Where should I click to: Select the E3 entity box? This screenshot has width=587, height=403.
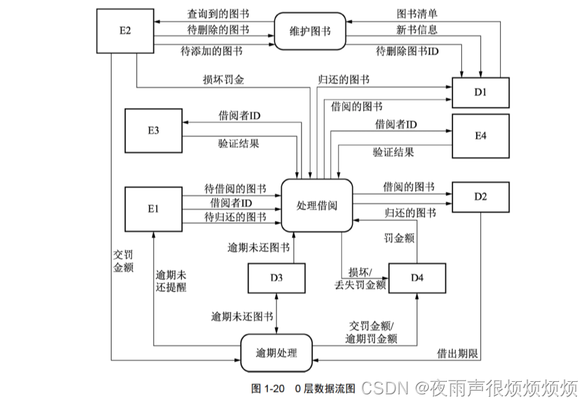pyautogui.click(x=153, y=130)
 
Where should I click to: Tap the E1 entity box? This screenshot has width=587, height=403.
pyautogui.click(x=153, y=208)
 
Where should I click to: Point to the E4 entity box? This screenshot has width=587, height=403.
pyautogui.click(x=480, y=136)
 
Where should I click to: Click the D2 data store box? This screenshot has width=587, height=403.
pyautogui.click(x=480, y=197)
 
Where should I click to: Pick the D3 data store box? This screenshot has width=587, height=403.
pyautogui.click(x=276, y=277)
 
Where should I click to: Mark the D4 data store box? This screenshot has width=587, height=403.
pyautogui.click(x=417, y=277)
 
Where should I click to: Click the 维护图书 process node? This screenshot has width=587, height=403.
pyautogui.click(x=311, y=31)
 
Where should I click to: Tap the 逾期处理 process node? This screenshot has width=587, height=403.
pyautogui.click(x=276, y=353)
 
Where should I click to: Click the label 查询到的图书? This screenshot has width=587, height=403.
pyautogui.click(x=218, y=13)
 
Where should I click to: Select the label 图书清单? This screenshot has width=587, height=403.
pyautogui.click(x=417, y=12)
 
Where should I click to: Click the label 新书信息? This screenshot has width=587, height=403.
pyautogui.click(x=417, y=29)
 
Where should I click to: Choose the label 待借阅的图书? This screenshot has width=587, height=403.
pyautogui.click(x=236, y=188)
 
